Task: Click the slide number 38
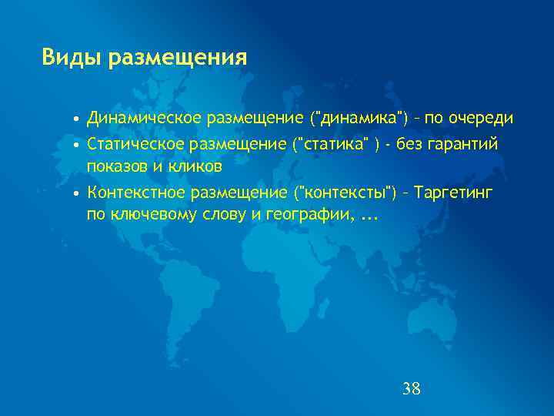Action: coord(412,388)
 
